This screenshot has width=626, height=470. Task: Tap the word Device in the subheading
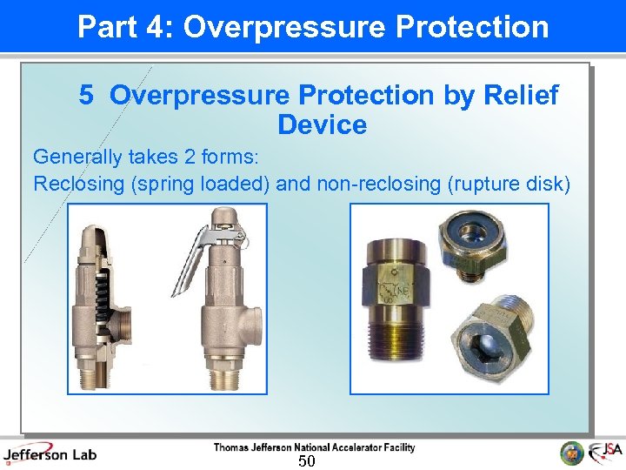[x=322, y=124]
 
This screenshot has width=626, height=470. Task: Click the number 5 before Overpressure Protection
[x=86, y=95]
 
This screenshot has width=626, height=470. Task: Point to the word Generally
[x=75, y=158]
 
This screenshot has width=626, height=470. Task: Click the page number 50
[x=306, y=460]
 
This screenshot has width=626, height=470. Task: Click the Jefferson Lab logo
[x=50, y=453]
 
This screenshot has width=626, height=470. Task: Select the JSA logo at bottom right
[x=605, y=453]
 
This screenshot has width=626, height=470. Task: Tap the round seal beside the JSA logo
[x=571, y=453]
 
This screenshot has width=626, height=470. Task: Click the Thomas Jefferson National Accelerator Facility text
[x=314, y=447]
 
